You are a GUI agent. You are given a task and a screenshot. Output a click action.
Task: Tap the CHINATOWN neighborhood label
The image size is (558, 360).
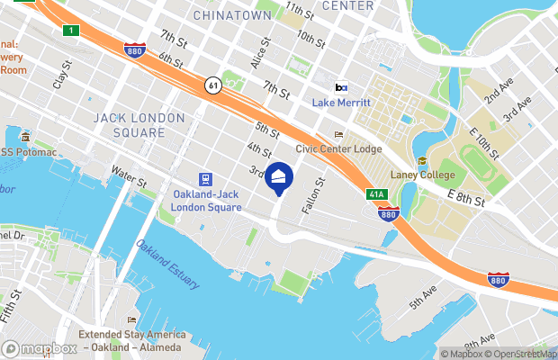pyautogui.click(x=232, y=15)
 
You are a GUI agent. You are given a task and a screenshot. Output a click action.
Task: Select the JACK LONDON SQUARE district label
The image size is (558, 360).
pyautogui.click(x=132, y=125)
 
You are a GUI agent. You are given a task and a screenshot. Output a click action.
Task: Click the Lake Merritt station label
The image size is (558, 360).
pyautogui.click(x=341, y=103)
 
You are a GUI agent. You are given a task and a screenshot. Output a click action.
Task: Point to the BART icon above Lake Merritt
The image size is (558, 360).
pyautogui.click(x=341, y=88)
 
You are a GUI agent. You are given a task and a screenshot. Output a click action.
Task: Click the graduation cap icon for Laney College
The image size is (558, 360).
pyautogui.click(x=421, y=160)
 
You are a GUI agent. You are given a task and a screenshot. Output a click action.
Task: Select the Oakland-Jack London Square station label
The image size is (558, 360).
pyautogui.click(x=206, y=201)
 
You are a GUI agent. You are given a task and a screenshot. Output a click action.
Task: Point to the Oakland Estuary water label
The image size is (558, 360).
pyautogui.click(x=168, y=264)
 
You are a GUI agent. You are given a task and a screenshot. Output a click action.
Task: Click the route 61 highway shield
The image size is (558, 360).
pyautogui.click(x=212, y=85)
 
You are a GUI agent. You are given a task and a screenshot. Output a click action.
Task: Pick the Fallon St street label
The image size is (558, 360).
pyautogui.click(x=316, y=189)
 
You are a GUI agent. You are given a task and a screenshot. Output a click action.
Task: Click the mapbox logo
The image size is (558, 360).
pyautogui.click(x=40, y=348)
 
